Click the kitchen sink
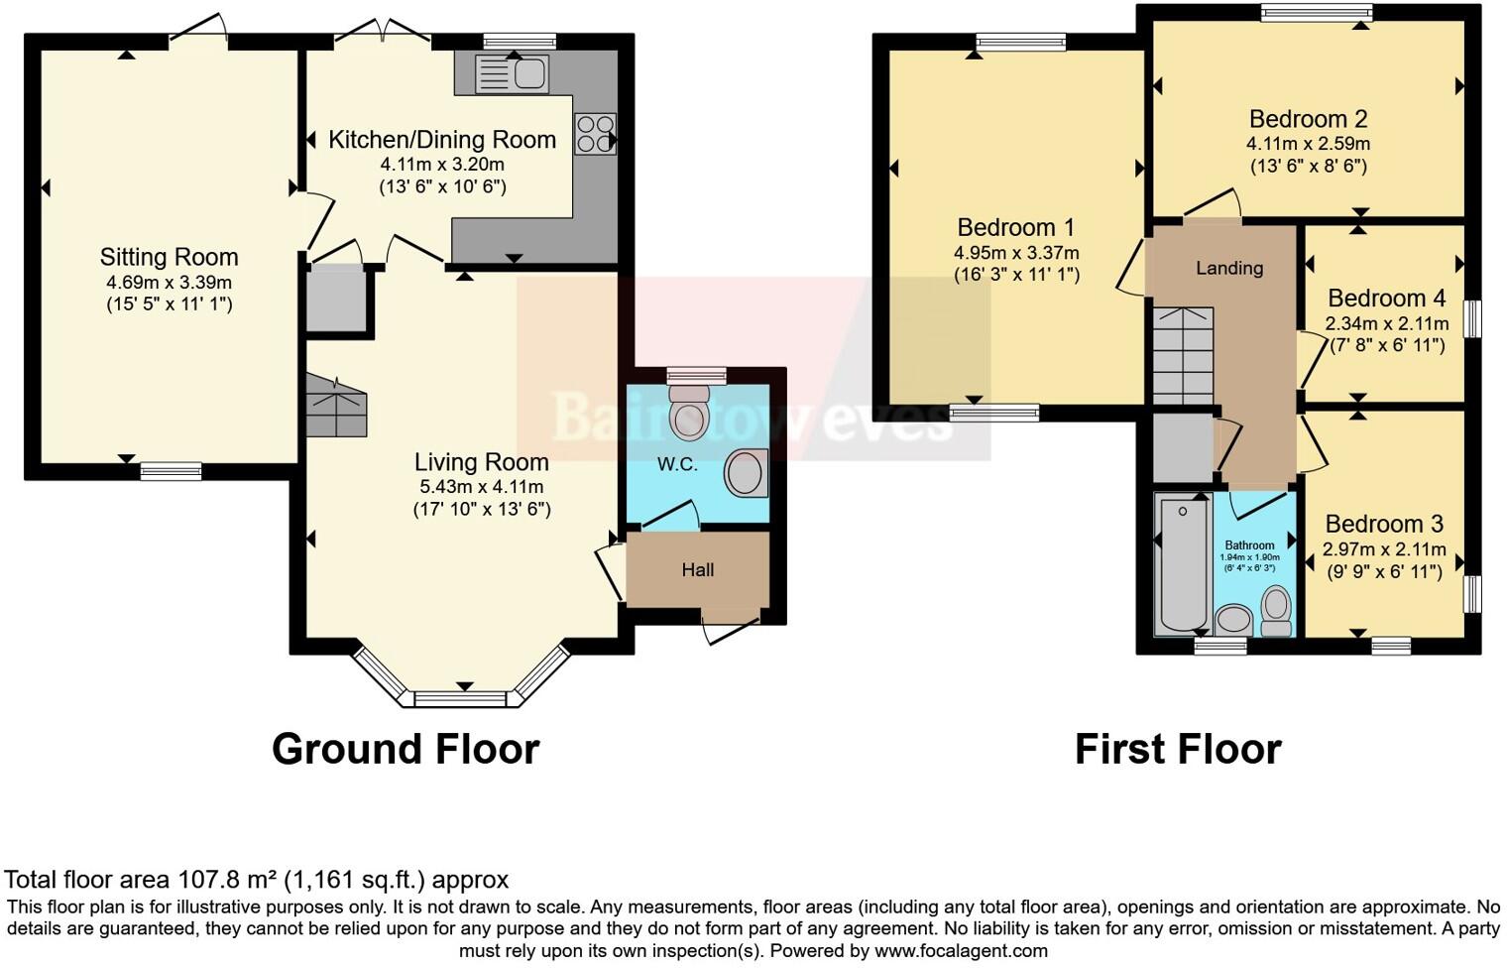(512, 73)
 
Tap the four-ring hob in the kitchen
(595, 134)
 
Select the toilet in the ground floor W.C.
(689, 416)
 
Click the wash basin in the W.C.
(746, 473)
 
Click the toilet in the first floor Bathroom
(1276, 610)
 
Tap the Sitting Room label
(169, 257)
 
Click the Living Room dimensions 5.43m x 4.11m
(482, 487)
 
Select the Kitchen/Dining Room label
(442, 140)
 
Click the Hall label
(698, 570)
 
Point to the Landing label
(1228, 268)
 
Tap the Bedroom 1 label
(1015, 227)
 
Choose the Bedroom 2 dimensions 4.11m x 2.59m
(1308, 144)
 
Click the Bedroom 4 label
(1386, 299)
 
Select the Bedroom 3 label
(1384, 524)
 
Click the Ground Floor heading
(406, 749)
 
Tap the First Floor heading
(1178, 749)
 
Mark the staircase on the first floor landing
(1183, 354)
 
